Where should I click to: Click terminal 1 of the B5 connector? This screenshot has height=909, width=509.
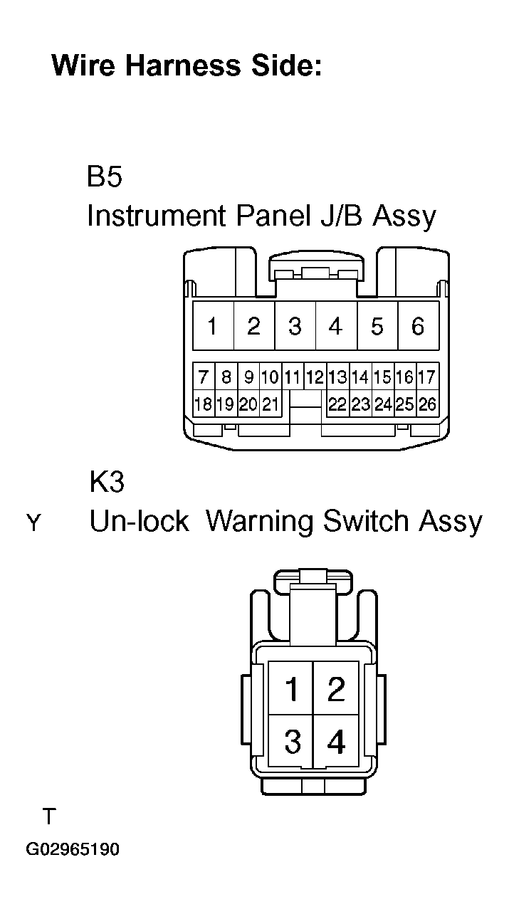213,325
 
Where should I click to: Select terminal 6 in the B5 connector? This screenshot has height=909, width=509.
419,325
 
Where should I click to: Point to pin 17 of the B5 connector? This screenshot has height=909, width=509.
427,377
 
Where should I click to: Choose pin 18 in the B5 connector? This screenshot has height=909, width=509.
204,404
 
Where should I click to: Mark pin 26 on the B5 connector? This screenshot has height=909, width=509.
427,404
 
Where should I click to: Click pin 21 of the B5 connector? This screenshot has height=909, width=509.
271,404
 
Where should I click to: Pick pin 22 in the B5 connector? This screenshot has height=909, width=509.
337,404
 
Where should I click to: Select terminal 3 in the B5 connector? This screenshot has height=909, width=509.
295,325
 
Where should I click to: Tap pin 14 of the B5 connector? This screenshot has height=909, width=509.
360,377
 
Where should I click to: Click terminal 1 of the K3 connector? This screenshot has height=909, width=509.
290,688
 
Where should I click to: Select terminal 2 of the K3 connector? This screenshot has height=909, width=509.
336,688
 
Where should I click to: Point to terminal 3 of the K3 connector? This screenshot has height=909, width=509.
290,740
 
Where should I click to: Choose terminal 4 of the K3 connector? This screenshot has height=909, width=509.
336,740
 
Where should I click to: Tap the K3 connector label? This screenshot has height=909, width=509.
106,482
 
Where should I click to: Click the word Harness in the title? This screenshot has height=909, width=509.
183,65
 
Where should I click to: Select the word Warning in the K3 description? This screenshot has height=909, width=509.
260,522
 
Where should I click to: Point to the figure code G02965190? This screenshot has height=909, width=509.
73,849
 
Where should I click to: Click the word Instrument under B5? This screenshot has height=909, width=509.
157,215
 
